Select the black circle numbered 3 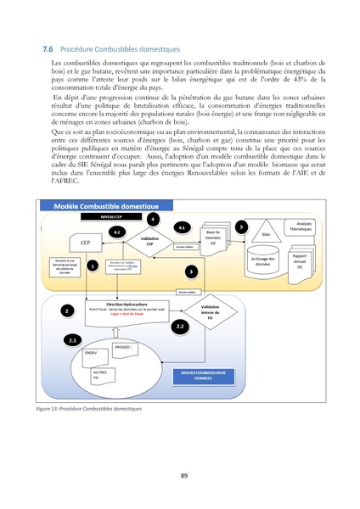point(192,271)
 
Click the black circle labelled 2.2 point(179,326)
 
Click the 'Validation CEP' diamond point(149,241)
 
